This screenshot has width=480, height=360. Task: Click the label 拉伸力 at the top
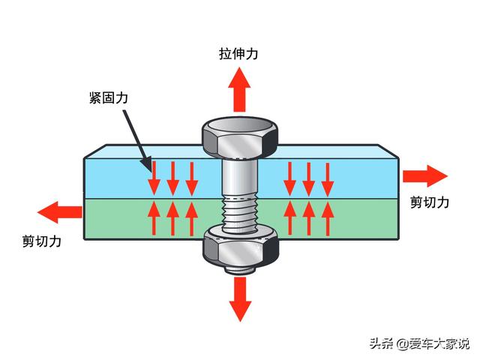point(238,53)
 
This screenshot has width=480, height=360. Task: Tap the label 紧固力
point(109,97)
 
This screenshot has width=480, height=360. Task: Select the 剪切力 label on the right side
point(430,202)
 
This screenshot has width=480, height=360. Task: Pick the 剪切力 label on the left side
point(42,241)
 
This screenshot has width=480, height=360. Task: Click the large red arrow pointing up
point(239,90)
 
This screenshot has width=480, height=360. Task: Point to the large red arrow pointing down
point(240,299)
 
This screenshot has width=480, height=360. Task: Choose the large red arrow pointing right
point(425,176)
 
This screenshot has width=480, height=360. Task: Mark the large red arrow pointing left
point(60,212)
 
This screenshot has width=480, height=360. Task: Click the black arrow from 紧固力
point(137,142)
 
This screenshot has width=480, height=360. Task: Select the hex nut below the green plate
point(241,248)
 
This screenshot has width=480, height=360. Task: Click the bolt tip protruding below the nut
point(240,271)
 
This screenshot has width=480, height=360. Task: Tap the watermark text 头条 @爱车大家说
point(419,343)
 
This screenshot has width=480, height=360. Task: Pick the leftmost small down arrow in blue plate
point(154,179)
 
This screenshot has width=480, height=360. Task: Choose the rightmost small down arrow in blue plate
point(328,180)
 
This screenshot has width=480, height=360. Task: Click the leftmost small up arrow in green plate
point(154,218)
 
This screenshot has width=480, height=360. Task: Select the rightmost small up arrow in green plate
point(328,219)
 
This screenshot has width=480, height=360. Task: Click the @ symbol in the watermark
point(403,343)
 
